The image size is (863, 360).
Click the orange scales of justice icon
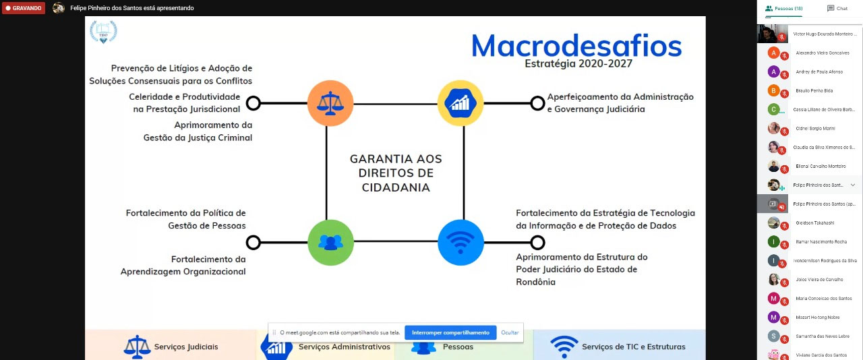click(x=330, y=103)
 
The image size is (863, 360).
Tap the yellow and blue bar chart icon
click(x=460, y=103)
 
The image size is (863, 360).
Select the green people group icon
click(x=330, y=242)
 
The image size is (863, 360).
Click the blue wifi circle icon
click(x=460, y=242)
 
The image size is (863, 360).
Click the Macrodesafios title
click(x=576, y=46)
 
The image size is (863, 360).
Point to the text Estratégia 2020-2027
click(x=578, y=64)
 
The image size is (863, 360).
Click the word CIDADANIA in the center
click(x=396, y=187)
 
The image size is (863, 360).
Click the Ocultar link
click(x=510, y=332)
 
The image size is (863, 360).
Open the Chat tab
click(x=837, y=9)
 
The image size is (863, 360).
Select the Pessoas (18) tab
click(x=783, y=9)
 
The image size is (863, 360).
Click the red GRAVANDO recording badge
click(x=24, y=8)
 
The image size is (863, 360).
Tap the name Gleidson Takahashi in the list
click(x=814, y=222)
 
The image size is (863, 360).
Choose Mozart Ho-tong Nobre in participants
click(x=817, y=317)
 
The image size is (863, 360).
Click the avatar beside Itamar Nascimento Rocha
click(x=774, y=241)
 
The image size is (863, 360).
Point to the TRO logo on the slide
click(x=103, y=32)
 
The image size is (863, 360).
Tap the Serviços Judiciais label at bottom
click(x=185, y=347)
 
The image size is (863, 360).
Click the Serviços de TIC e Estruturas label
click(x=633, y=347)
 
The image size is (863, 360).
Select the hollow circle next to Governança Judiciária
click(x=537, y=103)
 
